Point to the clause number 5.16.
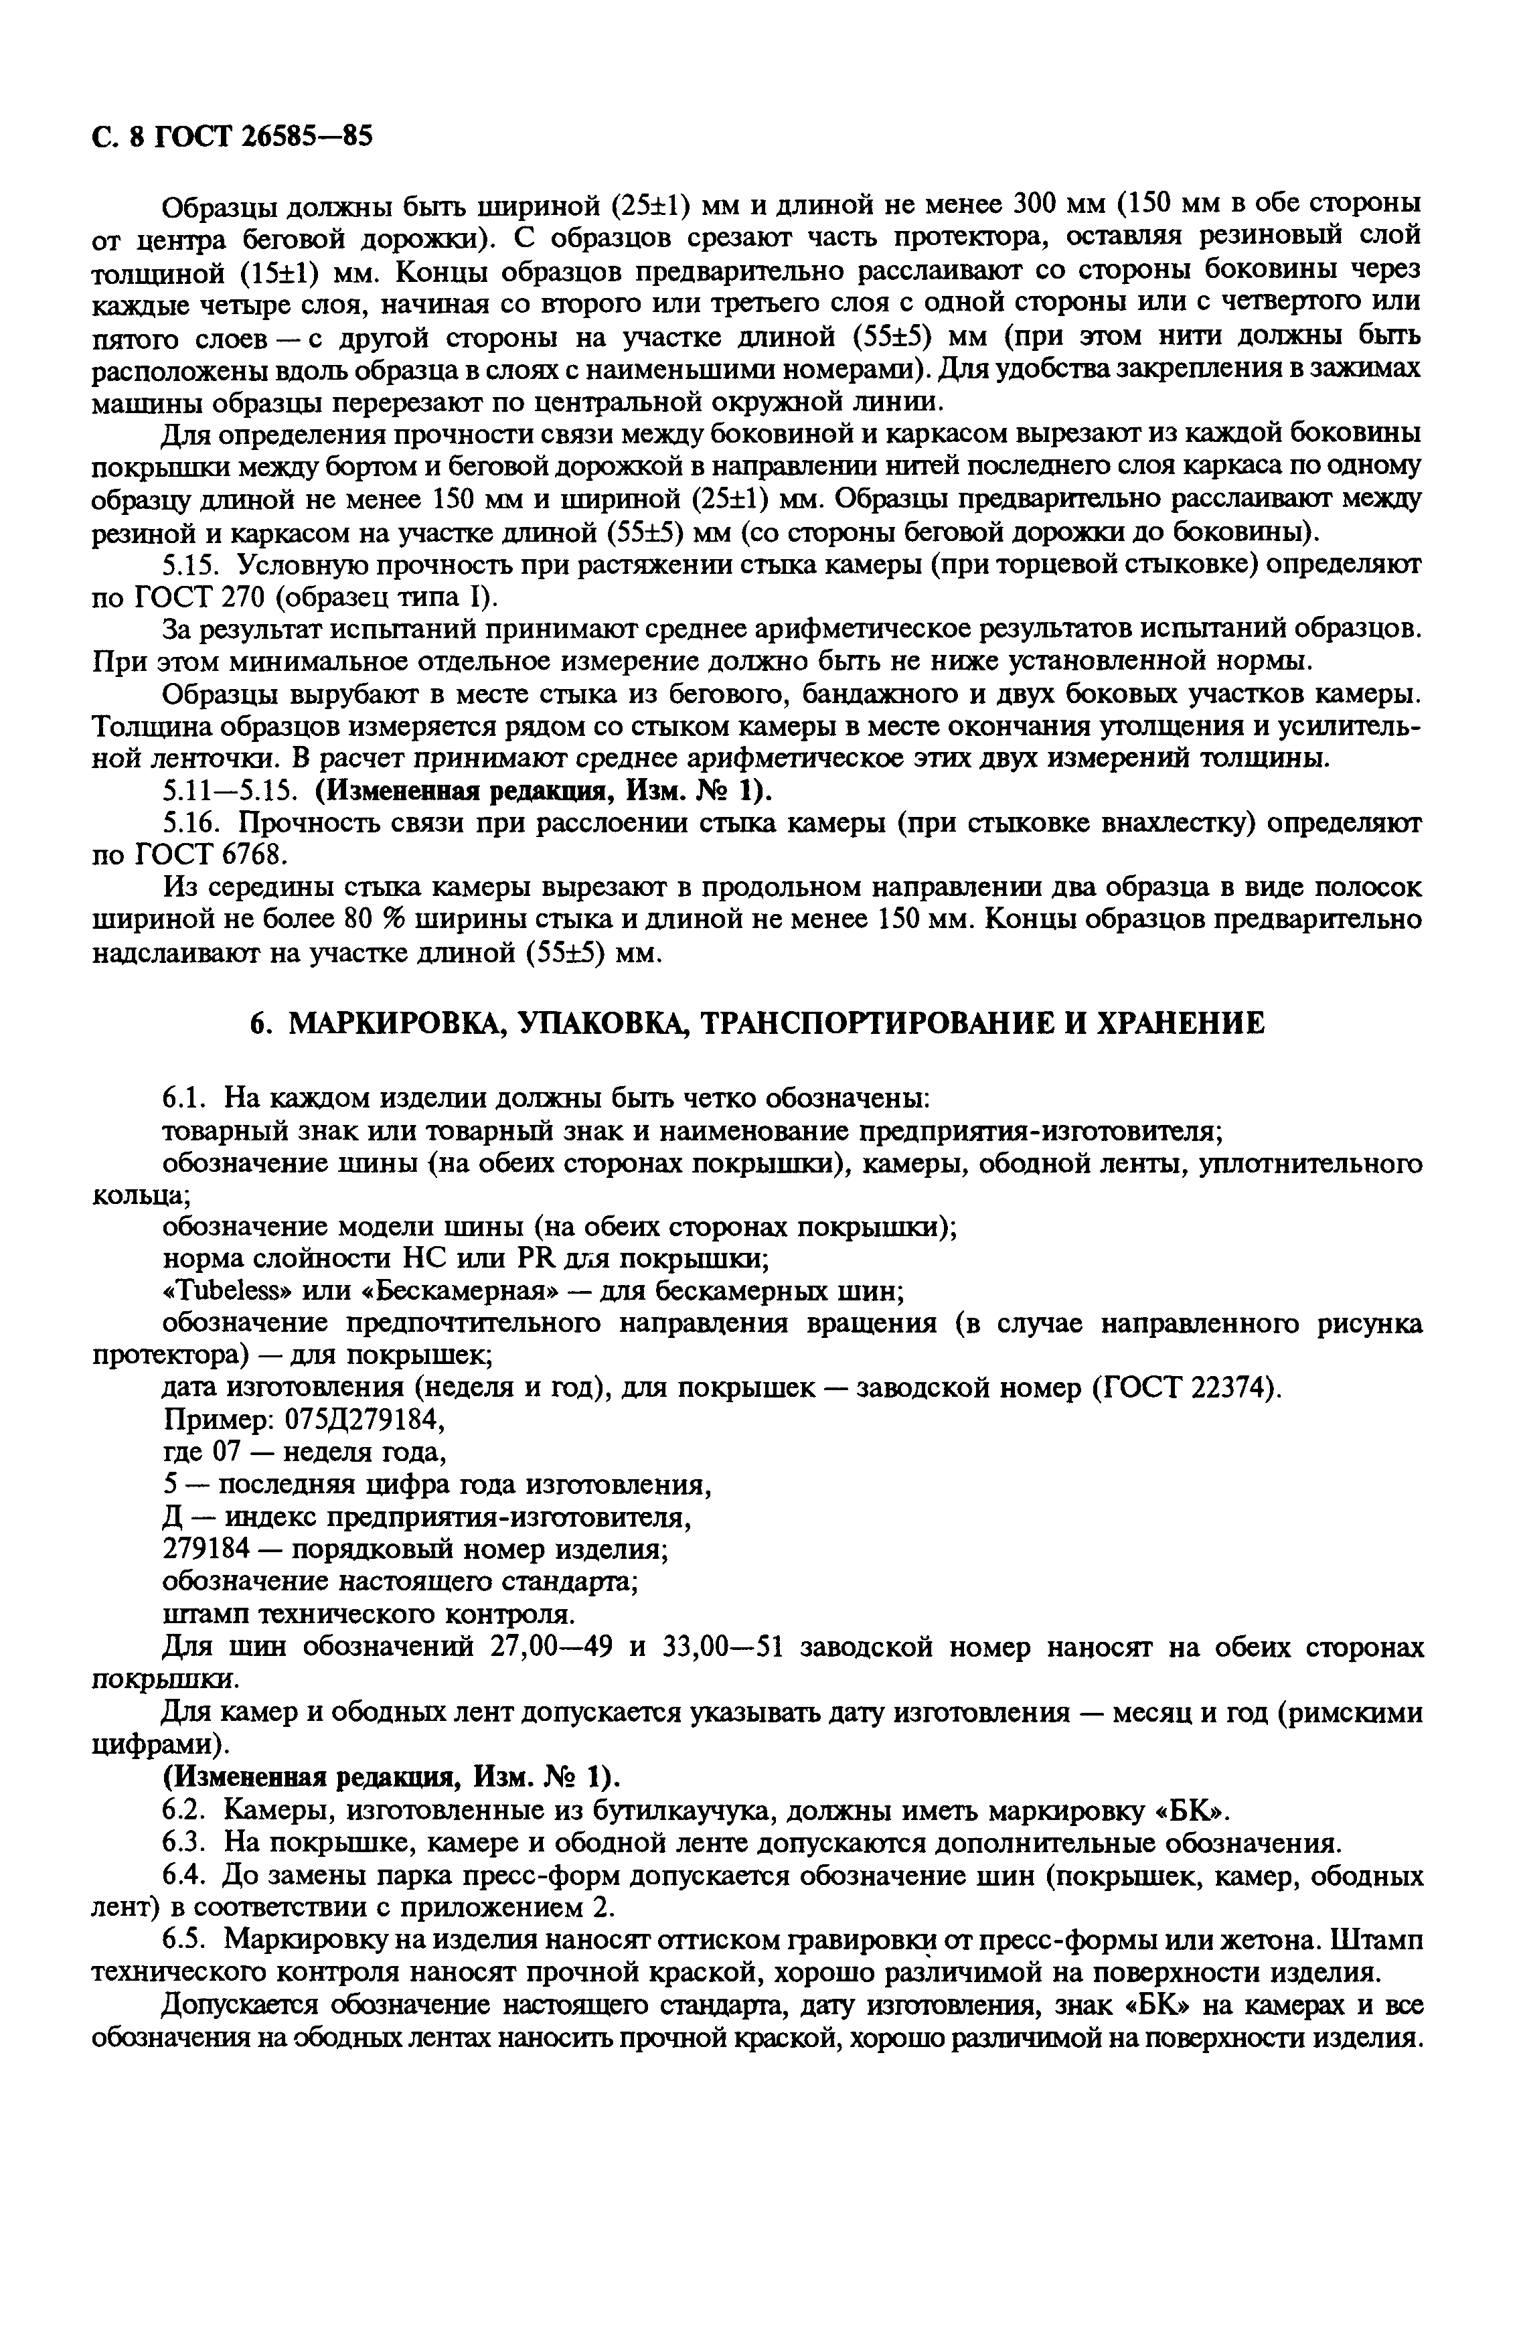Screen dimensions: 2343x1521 coord(187,823)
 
